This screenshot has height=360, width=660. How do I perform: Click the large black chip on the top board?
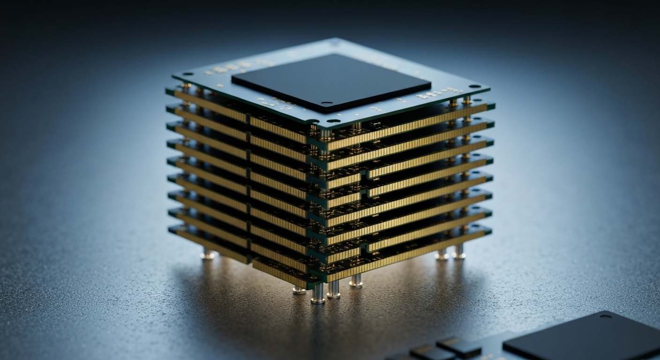(331, 82)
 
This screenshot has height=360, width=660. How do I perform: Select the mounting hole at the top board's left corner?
(187, 74)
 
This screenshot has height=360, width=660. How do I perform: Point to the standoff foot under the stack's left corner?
(207, 255)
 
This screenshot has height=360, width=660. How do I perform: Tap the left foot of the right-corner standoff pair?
(442, 255)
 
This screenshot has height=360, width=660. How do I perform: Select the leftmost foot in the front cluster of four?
(299, 289)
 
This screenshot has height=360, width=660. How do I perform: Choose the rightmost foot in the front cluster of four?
(356, 281)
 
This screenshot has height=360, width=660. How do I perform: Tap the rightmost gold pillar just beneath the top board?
(466, 100)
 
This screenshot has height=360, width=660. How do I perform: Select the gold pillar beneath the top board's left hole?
(186, 87)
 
